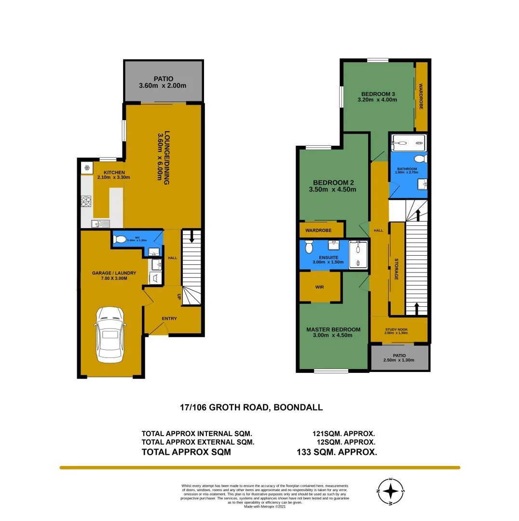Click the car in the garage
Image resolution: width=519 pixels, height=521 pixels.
(110, 334)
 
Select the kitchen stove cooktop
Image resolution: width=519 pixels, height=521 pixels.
(86, 201)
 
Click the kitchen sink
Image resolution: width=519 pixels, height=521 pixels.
(101, 223)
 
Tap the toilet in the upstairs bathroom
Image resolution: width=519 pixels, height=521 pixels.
(420, 159)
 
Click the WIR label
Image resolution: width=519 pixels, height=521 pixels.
(319, 287)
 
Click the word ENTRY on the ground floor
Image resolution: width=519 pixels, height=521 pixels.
(169, 318)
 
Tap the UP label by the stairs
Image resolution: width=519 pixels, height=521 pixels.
(179, 297)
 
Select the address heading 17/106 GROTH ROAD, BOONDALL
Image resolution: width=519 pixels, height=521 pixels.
(251, 408)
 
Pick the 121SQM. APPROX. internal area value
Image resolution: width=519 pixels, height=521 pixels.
(343, 434)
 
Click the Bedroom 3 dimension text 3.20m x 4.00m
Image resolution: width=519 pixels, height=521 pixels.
(377, 100)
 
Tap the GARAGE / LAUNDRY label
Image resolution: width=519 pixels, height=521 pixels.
(114, 273)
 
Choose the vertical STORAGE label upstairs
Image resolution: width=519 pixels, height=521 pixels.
(396, 269)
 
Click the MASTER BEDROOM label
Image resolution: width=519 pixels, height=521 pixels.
(333, 329)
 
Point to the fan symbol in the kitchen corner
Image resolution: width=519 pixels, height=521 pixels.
(87, 168)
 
